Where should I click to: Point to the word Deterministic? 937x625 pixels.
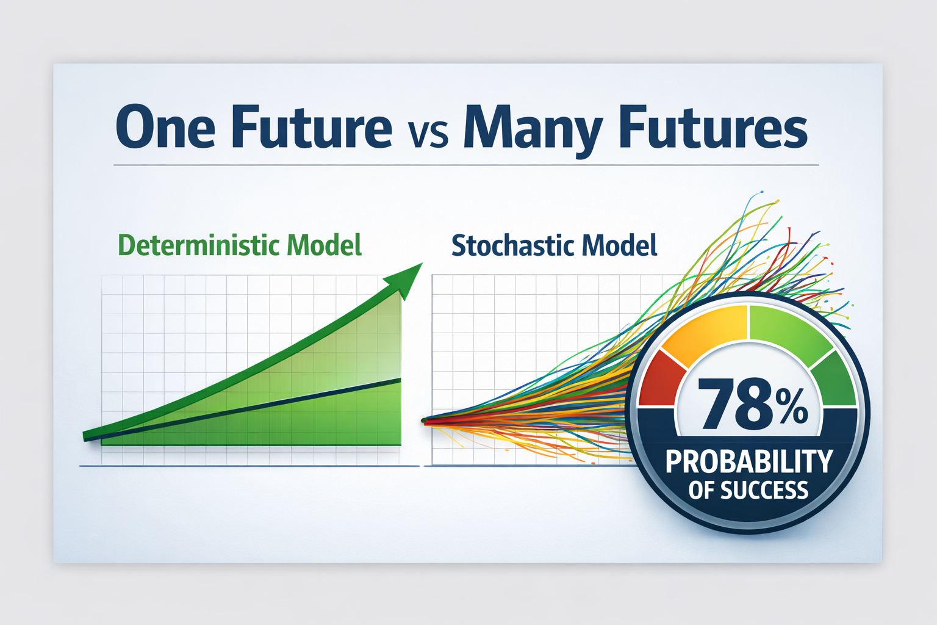pyautogui.click(x=199, y=245)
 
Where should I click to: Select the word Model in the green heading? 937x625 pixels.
pyautogui.click(x=324, y=245)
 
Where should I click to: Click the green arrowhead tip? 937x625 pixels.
pyautogui.click(x=423, y=263)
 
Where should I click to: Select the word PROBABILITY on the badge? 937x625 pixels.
pyautogui.click(x=749, y=461)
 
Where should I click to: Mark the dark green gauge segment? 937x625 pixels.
pyautogui.click(x=835, y=379)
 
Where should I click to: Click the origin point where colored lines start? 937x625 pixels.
pyautogui.click(x=424, y=421)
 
